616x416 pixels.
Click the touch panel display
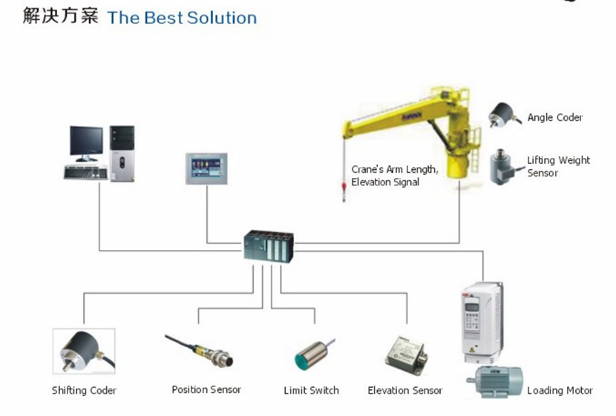point(206,168)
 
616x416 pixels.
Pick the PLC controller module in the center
point(269,246)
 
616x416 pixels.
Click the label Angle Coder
point(554,117)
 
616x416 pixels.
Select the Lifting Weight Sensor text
point(558,166)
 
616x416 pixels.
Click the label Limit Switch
point(311,390)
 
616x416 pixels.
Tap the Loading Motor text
point(560,390)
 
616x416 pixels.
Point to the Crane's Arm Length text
point(394,170)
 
